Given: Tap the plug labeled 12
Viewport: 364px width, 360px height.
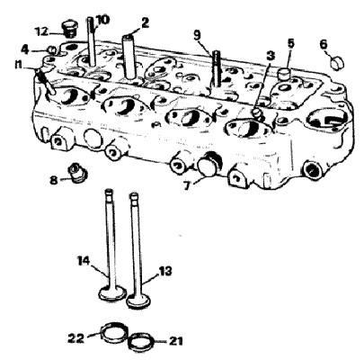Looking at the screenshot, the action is tap(70, 29).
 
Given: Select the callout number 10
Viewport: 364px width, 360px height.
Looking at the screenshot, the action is tap(103, 20).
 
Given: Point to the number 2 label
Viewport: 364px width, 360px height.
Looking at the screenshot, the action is tap(145, 22).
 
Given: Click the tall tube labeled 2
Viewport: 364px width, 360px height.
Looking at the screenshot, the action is tap(130, 57).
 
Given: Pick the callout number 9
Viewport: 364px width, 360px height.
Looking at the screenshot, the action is tap(197, 35).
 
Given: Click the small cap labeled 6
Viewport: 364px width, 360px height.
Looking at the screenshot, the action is tap(337, 63).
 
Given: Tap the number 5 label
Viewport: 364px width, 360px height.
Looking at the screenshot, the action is tap(290, 43).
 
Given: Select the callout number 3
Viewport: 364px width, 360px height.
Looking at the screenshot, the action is tap(271, 55).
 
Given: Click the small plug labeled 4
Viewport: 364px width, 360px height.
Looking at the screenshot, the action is tap(52, 49).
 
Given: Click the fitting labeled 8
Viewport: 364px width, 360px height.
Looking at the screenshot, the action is tap(78, 173).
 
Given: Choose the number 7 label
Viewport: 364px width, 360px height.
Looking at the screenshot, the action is tap(187, 185).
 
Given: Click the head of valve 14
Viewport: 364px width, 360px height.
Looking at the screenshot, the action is tap(112, 292).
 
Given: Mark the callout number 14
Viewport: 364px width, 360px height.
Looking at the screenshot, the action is tap(84, 260).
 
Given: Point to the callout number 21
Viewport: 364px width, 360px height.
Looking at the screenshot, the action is tap(175, 341).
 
